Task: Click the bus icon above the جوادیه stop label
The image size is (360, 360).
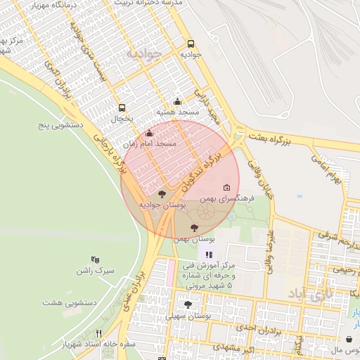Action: pyautogui.click(x=191, y=42)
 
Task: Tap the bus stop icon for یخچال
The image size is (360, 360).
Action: pyautogui.click(x=122, y=108)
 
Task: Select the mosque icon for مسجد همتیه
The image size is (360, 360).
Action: pyautogui.click(x=177, y=101)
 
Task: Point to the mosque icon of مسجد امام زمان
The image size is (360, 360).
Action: pyautogui.click(x=149, y=133)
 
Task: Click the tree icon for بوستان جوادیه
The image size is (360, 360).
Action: pyautogui.click(x=162, y=193)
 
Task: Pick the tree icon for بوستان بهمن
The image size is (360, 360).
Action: pyautogui.click(x=194, y=227)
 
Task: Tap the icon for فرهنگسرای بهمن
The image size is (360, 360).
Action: pyautogui.click(x=226, y=188)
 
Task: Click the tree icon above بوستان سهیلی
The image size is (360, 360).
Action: pyautogui.click(x=188, y=304)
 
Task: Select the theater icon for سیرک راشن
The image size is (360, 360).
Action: pyautogui.click(x=96, y=259)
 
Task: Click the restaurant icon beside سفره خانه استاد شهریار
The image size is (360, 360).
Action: pyautogui.click(x=99, y=333)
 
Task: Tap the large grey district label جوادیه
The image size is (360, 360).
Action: pyautogui.click(x=144, y=53)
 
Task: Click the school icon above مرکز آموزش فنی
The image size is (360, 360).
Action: pyautogui.click(x=208, y=254)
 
